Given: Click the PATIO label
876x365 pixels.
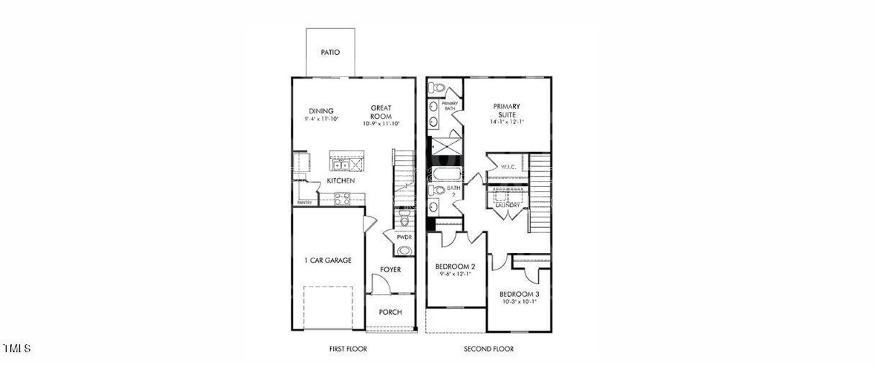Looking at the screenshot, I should click(x=330, y=53).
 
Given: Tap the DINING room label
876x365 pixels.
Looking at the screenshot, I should click(x=321, y=111).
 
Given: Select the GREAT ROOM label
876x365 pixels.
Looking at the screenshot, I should click(x=381, y=112).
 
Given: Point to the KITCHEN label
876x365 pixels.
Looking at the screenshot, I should click(x=341, y=181).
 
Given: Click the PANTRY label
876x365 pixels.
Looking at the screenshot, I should click(x=304, y=202).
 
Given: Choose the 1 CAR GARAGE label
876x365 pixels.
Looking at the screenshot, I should click(x=328, y=260).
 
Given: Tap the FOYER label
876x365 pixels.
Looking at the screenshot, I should click(x=390, y=270).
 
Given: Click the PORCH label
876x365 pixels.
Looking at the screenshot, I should click(x=390, y=312).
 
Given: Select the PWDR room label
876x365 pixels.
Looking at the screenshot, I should click(x=405, y=237).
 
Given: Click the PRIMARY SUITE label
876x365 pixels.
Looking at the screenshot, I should click(x=506, y=111).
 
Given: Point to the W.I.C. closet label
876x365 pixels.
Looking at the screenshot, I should click(x=509, y=166).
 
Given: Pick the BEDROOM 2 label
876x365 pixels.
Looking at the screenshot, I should click(x=455, y=266).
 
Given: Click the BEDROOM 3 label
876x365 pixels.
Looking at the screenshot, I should click(x=519, y=294).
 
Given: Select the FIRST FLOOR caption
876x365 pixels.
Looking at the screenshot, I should click(x=348, y=349).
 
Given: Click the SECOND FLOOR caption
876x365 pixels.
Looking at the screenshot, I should click(x=489, y=349).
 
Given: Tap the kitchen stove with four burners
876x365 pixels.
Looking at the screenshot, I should click(x=342, y=199).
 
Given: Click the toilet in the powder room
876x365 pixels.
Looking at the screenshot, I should click(x=405, y=220).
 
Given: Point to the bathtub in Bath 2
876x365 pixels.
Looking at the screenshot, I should click(x=447, y=175).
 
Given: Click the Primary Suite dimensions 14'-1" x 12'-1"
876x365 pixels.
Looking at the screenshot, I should click(x=506, y=122).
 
